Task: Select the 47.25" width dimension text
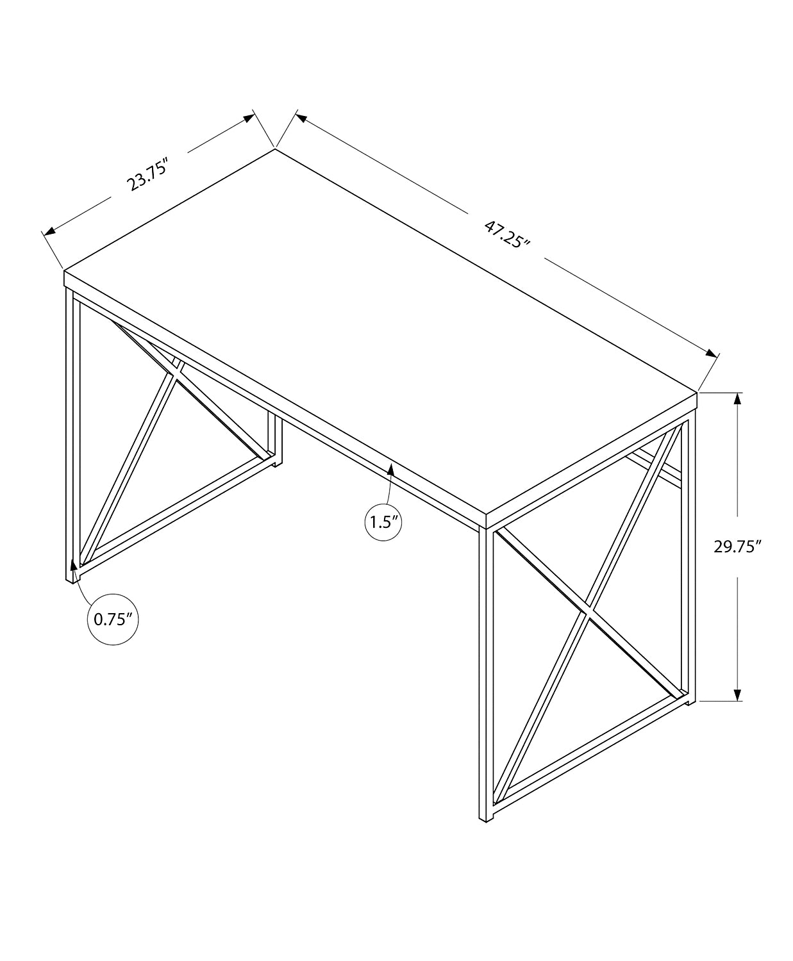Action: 507,235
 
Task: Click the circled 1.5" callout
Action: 383,522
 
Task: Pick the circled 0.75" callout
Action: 113,619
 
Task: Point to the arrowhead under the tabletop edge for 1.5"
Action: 390,470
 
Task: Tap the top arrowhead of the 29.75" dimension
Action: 738,398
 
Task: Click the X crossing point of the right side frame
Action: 589,611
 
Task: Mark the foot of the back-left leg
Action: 277,464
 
